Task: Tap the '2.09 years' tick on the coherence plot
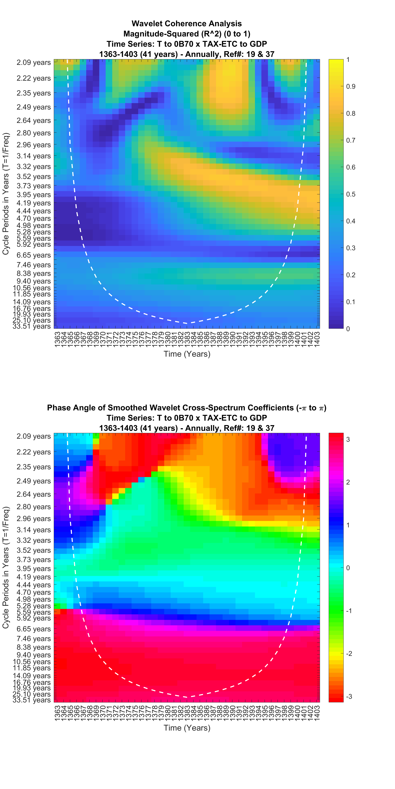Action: click(x=34, y=62)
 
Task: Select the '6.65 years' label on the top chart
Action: click(x=34, y=255)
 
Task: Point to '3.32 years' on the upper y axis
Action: click(x=34, y=167)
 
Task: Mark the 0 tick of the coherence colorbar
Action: click(x=348, y=329)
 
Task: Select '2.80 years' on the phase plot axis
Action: click(x=34, y=507)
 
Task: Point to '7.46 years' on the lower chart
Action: click(x=34, y=639)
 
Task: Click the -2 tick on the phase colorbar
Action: click(x=349, y=653)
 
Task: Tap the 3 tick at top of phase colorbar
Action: click(x=348, y=439)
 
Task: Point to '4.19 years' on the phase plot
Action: click(x=34, y=577)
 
